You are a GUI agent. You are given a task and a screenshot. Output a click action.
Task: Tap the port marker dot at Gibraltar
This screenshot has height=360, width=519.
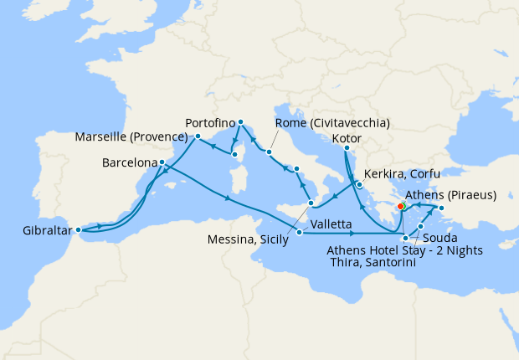tap(78, 229)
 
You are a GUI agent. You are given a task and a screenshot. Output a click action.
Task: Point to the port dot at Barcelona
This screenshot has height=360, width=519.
tap(162, 162)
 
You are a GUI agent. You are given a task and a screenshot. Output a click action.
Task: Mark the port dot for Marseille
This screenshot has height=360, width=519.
tap(198, 136)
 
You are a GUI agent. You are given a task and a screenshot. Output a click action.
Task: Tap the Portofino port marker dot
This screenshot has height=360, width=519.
tap(240, 122)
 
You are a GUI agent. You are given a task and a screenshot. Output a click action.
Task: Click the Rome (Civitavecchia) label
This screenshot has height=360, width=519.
tap(332, 122)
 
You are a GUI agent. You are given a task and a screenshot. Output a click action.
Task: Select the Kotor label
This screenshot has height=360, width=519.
tap(347, 136)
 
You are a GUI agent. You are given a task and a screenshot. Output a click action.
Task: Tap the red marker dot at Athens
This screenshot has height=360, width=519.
tap(401, 205)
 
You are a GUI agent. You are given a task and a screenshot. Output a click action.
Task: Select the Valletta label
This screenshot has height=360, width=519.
tap(330, 225)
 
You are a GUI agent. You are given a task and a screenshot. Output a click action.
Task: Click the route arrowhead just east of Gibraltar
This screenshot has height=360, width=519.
tap(101, 225)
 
